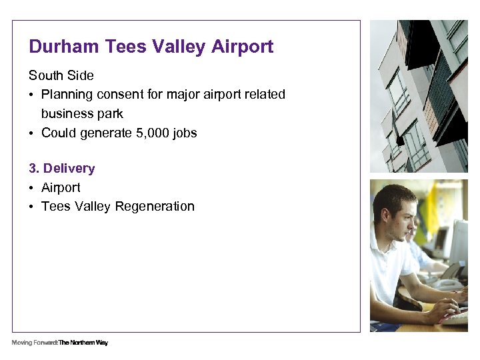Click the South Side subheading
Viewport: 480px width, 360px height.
[61, 75]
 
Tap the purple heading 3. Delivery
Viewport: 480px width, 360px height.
[61, 169]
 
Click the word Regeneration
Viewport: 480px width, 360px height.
[155, 207]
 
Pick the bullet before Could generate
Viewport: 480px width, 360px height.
[32, 133]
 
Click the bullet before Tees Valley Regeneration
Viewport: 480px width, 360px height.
[32, 207]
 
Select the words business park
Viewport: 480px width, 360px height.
[82, 114]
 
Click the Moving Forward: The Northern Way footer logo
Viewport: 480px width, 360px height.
[59, 343]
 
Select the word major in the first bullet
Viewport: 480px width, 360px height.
[181, 95]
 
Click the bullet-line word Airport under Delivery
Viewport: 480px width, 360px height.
[61, 188]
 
